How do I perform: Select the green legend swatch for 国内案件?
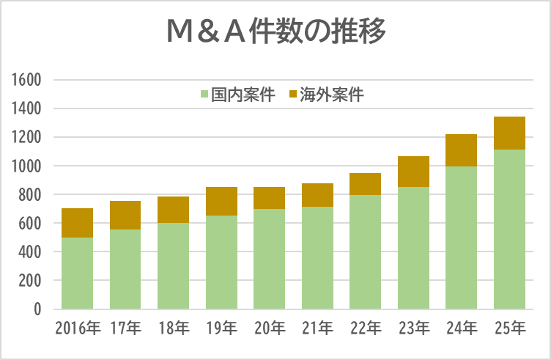(204, 95)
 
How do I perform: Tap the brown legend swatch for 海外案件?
(293, 95)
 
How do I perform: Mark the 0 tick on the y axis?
(36, 309)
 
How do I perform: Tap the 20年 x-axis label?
(270, 328)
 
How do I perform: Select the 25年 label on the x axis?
(509, 328)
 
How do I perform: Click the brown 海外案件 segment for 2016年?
(78, 223)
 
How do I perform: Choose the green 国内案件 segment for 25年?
(509, 229)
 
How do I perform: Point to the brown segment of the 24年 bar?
(462, 150)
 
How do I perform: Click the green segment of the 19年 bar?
(221, 262)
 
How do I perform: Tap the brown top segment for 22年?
(366, 184)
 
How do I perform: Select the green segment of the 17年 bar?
(125, 269)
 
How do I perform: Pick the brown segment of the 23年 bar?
(413, 172)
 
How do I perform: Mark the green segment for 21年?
(317, 257)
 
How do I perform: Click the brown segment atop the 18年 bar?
(174, 210)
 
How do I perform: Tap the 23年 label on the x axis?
(413, 328)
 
